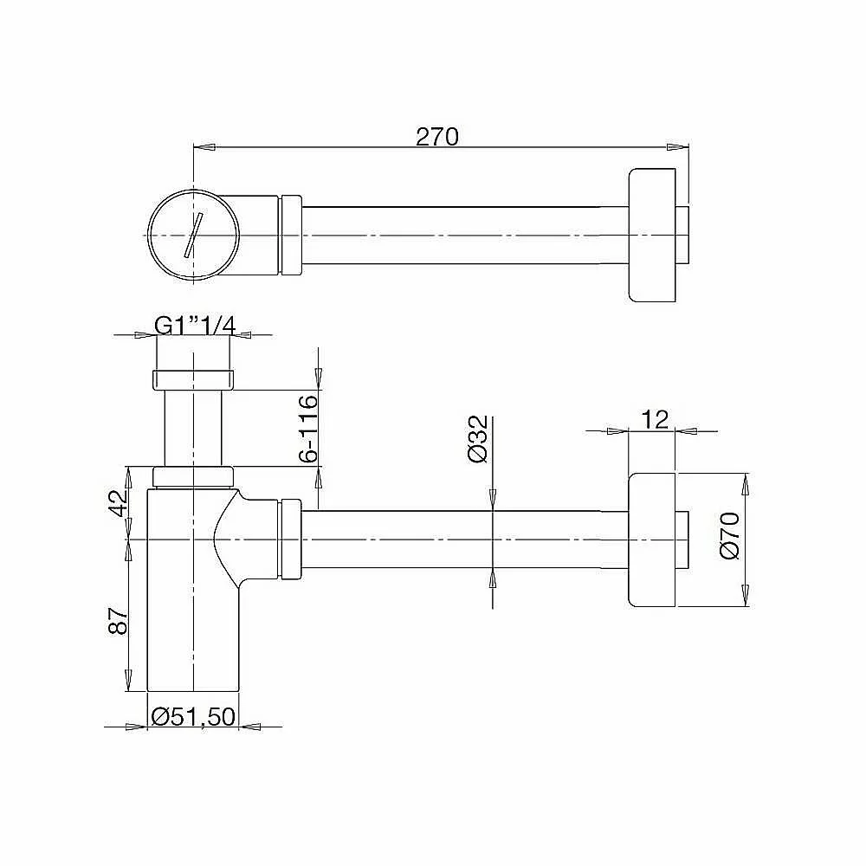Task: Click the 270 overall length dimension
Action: pyautogui.click(x=436, y=137)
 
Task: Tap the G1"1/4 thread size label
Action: pyautogui.click(x=195, y=326)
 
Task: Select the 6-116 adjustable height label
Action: pyautogui.click(x=309, y=428)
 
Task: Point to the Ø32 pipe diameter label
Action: pyautogui.click(x=478, y=438)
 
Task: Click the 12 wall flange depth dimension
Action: pyautogui.click(x=656, y=420)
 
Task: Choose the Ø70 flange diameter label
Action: pyautogui.click(x=730, y=535)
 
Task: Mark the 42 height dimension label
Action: pyautogui.click(x=119, y=503)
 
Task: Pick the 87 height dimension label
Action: pyautogui.click(x=119, y=621)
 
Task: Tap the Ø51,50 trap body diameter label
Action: pyautogui.click(x=193, y=716)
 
